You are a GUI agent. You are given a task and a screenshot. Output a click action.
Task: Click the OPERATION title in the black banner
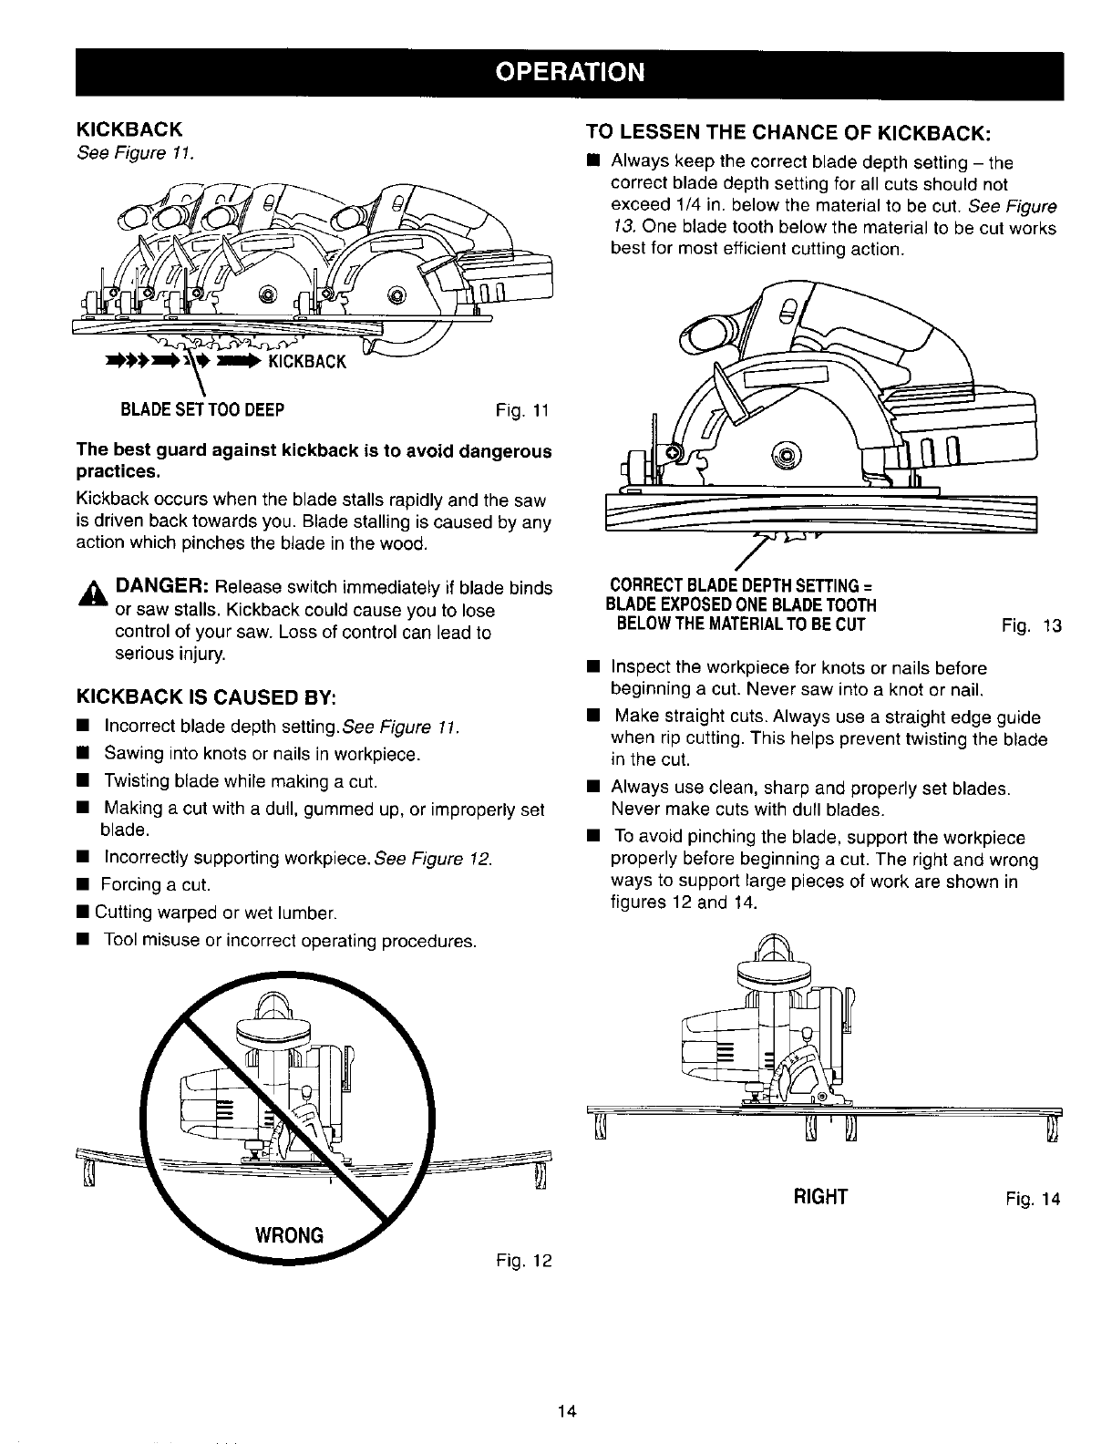(570, 72)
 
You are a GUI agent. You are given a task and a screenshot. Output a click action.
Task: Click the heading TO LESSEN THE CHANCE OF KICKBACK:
(788, 132)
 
